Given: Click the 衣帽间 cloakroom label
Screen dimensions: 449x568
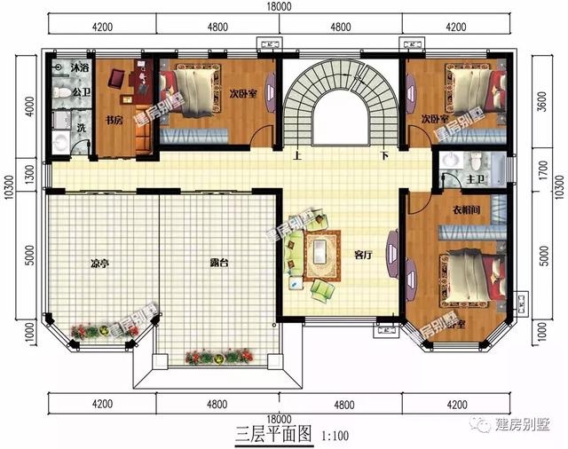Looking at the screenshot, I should (x=460, y=210).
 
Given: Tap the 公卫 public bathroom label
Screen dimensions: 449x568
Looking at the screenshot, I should (x=58, y=91).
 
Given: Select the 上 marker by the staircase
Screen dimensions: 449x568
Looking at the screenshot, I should (x=296, y=155).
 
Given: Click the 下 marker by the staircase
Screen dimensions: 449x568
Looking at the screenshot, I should (x=384, y=155).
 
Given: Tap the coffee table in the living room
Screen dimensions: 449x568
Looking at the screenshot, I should (x=319, y=254).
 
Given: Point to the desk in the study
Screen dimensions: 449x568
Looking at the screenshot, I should (x=140, y=82).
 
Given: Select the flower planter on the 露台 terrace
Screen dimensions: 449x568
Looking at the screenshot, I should (x=213, y=357).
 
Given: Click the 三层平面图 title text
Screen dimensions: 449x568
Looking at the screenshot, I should (x=274, y=434).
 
